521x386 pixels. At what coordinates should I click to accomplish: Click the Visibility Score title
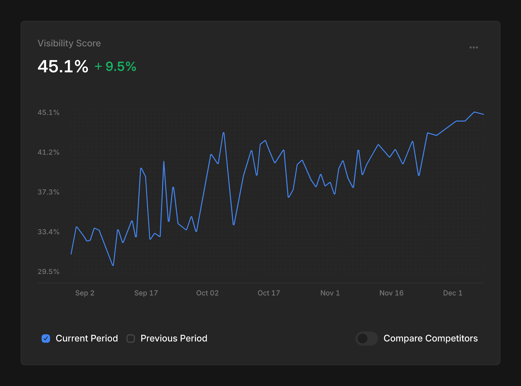tap(69, 43)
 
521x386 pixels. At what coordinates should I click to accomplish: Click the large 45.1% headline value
tap(63, 66)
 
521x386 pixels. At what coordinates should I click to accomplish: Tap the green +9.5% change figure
tap(116, 66)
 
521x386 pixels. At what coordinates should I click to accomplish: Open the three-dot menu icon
tap(473, 47)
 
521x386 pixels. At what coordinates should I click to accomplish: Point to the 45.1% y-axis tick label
tap(49, 113)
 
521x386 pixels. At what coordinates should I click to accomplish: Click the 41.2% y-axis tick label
tap(49, 152)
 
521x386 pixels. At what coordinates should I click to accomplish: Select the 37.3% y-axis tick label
tap(49, 192)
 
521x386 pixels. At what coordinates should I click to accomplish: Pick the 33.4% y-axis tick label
tap(49, 232)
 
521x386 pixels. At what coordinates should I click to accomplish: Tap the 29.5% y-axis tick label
tap(49, 272)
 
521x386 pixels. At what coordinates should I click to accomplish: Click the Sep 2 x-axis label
tap(85, 293)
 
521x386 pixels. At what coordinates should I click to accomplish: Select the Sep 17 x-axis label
tap(146, 293)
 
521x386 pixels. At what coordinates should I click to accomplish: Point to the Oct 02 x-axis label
tap(207, 293)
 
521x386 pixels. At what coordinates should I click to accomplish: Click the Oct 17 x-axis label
tap(269, 293)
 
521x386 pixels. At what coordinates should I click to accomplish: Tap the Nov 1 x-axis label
tap(330, 293)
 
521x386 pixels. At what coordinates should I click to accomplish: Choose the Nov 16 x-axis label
tap(391, 293)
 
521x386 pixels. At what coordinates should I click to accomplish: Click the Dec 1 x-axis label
tap(453, 293)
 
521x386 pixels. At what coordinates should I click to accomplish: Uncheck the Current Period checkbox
tap(46, 339)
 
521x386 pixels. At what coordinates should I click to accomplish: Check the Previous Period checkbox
tap(131, 339)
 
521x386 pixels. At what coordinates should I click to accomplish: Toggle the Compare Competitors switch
tap(366, 339)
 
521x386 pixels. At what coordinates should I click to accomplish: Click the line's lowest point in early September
tap(113, 265)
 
